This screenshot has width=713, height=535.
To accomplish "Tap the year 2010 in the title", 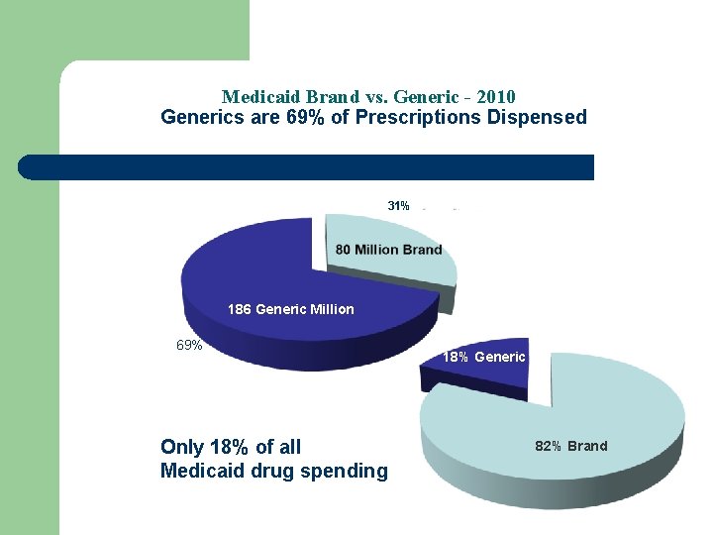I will point(496,97).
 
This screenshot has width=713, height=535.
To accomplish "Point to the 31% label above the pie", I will point(398,206).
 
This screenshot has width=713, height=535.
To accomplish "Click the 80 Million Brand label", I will point(388,249).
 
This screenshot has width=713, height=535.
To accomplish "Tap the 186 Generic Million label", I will point(290,309).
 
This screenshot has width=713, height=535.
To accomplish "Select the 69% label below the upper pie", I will point(189,346).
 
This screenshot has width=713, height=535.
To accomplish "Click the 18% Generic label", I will point(484,357).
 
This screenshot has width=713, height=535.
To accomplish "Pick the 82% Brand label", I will point(571,446).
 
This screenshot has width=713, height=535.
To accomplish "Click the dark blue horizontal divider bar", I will point(307,167).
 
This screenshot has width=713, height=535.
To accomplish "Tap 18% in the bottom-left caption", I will point(231,447).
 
